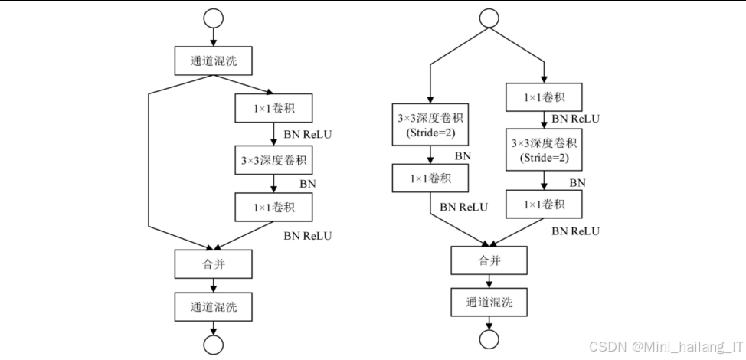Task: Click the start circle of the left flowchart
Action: tap(214, 18)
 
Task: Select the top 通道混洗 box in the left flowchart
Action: tap(214, 60)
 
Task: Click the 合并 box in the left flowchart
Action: tap(214, 263)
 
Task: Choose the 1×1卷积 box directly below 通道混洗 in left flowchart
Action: tap(273, 109)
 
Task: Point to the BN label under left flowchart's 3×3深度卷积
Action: tap(307, 184)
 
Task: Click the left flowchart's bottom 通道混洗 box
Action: tap(214, 306)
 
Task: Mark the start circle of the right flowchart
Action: tap(489, 18)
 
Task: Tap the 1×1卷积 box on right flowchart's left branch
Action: tap(429, 178)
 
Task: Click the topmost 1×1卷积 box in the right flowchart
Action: tap(544, 97)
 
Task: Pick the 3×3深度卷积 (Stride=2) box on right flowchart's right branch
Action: tap(544, 150)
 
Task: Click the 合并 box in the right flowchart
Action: tap(489, 260)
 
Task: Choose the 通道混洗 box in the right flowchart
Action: tap(489, 301)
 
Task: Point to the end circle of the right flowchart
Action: tap(489, 338)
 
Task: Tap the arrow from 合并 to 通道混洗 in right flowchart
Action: tap(489, 280)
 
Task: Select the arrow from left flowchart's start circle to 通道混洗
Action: tap(214, 36)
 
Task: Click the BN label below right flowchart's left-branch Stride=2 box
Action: tap(463, 155)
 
